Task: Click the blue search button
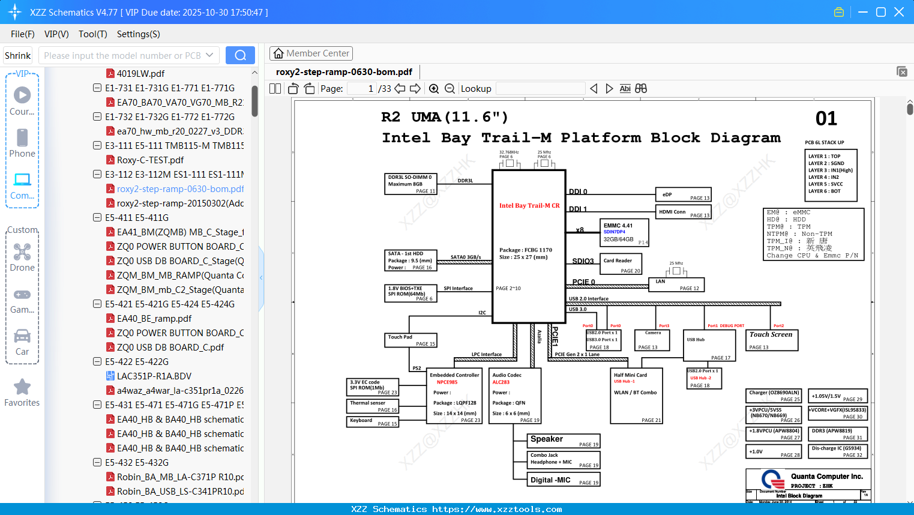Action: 240,55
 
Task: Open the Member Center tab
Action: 311,53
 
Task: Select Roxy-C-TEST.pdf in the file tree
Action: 150,160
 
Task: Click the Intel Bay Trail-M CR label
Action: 529,205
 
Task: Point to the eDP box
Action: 683,194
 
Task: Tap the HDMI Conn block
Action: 683,212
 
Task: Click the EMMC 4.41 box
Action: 624,232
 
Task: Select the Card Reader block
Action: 622,264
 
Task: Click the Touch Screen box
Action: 771,340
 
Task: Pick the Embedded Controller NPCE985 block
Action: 454,396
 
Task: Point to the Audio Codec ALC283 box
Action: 516,396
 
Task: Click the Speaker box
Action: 564,441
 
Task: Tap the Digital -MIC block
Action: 564,480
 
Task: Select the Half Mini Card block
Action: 636,396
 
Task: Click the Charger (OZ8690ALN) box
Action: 774,396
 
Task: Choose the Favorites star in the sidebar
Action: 22,387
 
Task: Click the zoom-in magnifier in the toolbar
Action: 434,89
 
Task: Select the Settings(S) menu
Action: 138,34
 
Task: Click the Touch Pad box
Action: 410,340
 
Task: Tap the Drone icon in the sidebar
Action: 22,252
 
